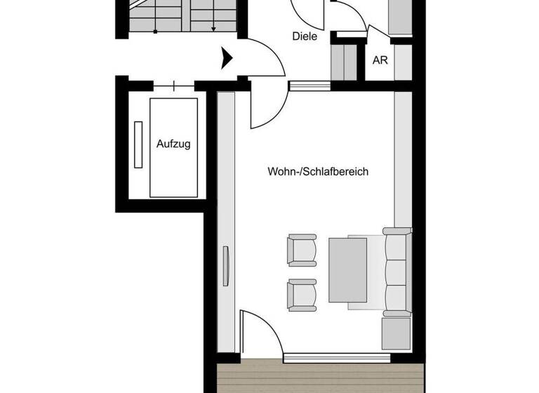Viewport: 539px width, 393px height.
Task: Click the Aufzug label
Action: click(x=173, y=144)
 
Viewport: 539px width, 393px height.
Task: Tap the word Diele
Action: click(x=304, y=36)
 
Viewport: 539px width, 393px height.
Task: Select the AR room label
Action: click(x=380, y=60)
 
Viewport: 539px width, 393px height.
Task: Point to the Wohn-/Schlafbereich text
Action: click(x=318, y=171)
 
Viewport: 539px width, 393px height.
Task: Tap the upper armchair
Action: click(x=302, y=251)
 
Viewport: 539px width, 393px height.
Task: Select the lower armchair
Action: click(x=302, y=295)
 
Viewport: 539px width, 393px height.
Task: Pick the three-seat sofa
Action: click(x=397, y=270)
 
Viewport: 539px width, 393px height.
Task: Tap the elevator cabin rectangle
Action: click(x=173, y=147)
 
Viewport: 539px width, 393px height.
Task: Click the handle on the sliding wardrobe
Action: click(x=226, y=266)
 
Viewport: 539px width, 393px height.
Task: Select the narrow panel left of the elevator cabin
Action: click(x=138, y=144)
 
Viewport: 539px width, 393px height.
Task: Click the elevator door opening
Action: click(x=173, y=86)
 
